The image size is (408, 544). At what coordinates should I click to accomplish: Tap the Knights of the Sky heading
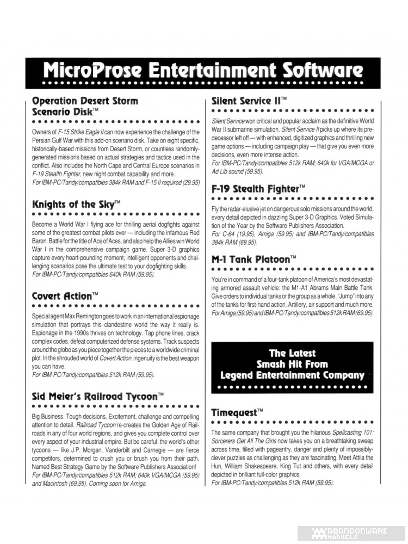click(76, 205)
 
